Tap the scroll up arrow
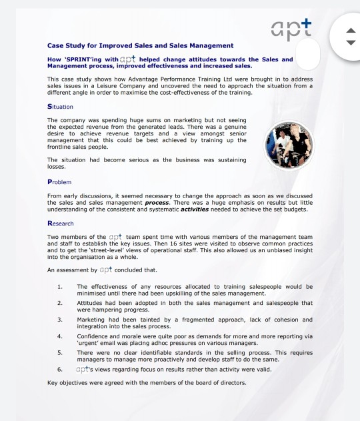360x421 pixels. [x=351, y=31]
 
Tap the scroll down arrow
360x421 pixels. [x=351, y=43]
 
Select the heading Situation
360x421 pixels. [x=61, y=107]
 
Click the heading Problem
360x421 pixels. [x=59, y=181]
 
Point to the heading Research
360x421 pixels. [x=61, y=223]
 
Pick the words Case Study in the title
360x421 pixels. [x=68, y=45]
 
